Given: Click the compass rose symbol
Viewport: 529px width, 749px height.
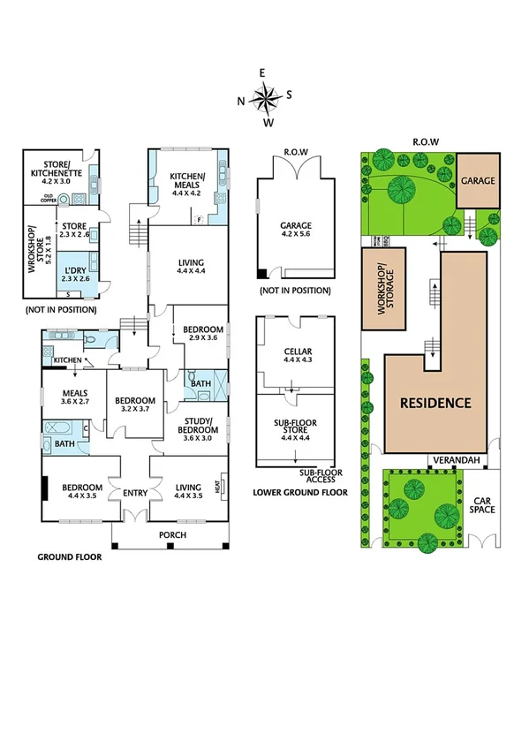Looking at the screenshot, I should (x=265, y=96).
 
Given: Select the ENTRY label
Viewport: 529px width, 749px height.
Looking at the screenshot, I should (x=135, y=493).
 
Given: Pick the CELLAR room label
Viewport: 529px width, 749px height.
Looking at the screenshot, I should (x=294, y=357).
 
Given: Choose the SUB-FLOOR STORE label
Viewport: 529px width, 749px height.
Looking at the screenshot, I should (x=294, y=427).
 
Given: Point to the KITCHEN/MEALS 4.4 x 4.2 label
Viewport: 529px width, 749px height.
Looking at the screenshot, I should (x=187, y=184).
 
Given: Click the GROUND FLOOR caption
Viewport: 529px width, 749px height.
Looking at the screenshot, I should (x=69, y=557).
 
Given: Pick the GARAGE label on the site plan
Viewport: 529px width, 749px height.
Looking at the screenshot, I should (x=477, y=181).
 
